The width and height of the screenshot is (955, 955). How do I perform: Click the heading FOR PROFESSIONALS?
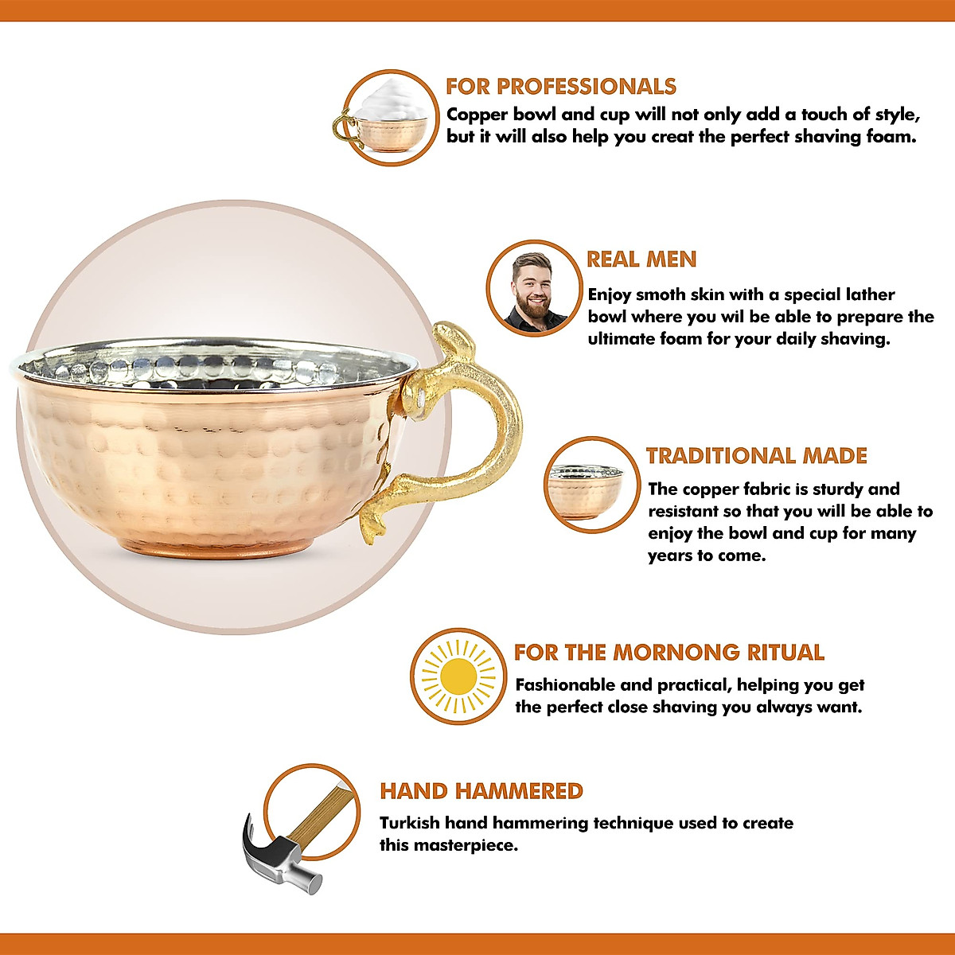coord(560,86)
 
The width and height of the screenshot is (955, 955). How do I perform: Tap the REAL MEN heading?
coord(641,259)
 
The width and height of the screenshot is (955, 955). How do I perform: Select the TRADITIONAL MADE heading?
coord(756,456)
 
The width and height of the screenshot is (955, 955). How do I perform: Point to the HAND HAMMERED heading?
coord(481,791)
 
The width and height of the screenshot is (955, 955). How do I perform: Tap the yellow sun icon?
coord(458,676)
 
